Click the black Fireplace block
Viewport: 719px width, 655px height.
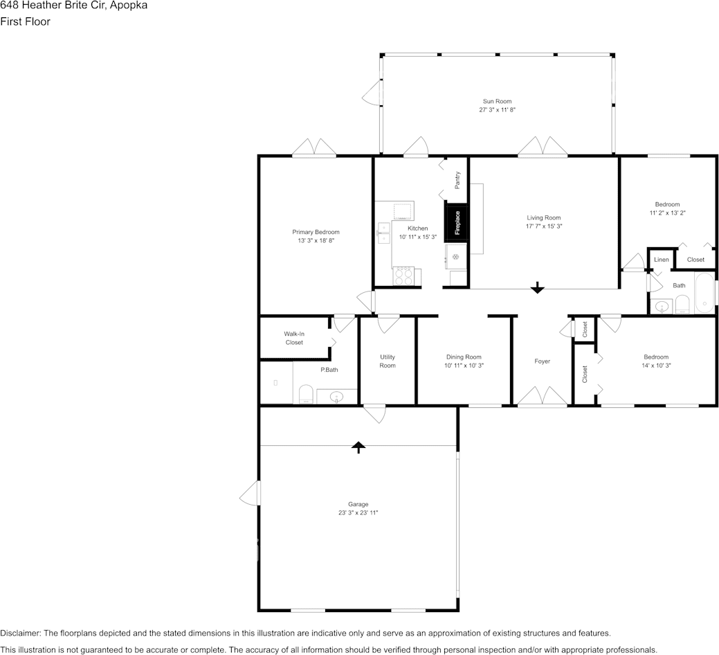point(456,222)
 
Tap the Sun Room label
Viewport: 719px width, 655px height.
point(497,101)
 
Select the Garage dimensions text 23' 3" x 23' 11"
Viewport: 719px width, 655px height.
point(358,513)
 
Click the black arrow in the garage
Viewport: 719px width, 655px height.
point(358,447)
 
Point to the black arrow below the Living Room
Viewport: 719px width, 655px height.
point(538,287)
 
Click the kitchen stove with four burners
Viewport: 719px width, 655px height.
point(403,276)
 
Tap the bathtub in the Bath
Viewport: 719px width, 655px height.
point(704,293)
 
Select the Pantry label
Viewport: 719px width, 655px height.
point(457,180)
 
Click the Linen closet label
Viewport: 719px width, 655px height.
point(662,260)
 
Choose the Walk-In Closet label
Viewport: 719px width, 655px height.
point(294,338)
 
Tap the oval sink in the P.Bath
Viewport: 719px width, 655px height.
point(337,396)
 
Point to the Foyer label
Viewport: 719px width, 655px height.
point(542,361)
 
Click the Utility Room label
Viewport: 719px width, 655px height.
point(388,361)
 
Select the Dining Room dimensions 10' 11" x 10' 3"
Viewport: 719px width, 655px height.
point(464,366)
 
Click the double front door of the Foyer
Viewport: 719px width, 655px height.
point(543,396)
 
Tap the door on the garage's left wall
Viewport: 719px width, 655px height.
point(250,493)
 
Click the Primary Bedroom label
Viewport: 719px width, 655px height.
point(316,232)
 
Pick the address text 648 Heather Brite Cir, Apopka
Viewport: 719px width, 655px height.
point(74,6)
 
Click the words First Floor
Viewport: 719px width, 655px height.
point(25,21)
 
